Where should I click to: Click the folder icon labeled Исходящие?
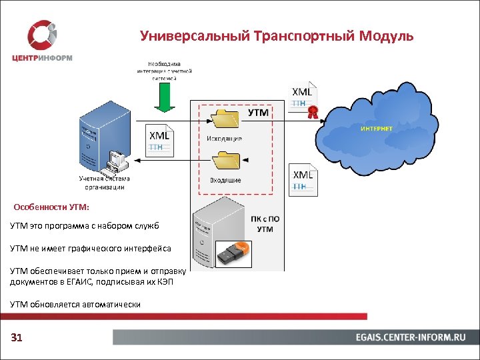coord(225,119)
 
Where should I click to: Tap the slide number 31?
coord(17,338)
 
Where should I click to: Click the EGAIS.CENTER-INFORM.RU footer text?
coord(410,338)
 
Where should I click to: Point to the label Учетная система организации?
coord(105,183)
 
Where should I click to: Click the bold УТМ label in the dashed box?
coord(259,113)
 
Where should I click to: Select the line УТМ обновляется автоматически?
coord(75,304)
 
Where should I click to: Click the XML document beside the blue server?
coord(160,140)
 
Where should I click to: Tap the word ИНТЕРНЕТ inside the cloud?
coord(377,128)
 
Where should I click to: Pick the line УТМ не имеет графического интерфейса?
coord(91,248)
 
